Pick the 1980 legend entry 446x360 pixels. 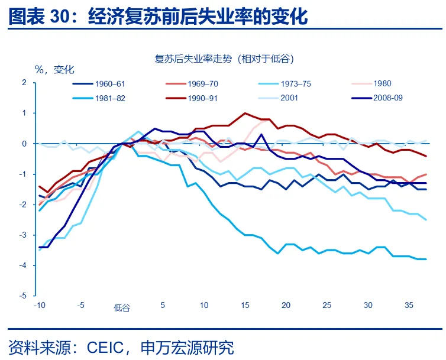(x=383, y=84)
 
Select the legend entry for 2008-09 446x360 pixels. (x=388, y=98)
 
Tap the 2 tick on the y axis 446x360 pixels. (x=25, y=82)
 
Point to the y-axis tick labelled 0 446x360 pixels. (x=25, y=144)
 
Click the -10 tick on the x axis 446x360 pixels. (x=40, y=306)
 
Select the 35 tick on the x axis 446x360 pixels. (x=409, y=306)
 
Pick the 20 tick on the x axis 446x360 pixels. (x=286, y=306)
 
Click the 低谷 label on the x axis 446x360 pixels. (x=122, y=307)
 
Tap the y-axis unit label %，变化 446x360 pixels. (x=54, y=69)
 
